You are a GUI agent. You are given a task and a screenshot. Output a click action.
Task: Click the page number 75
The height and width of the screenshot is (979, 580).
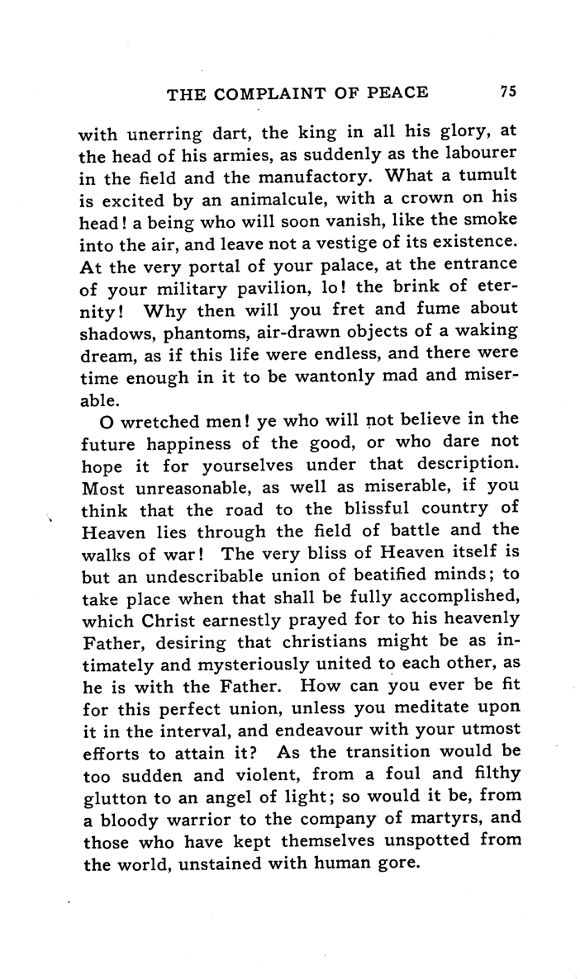(x=508, y=92)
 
